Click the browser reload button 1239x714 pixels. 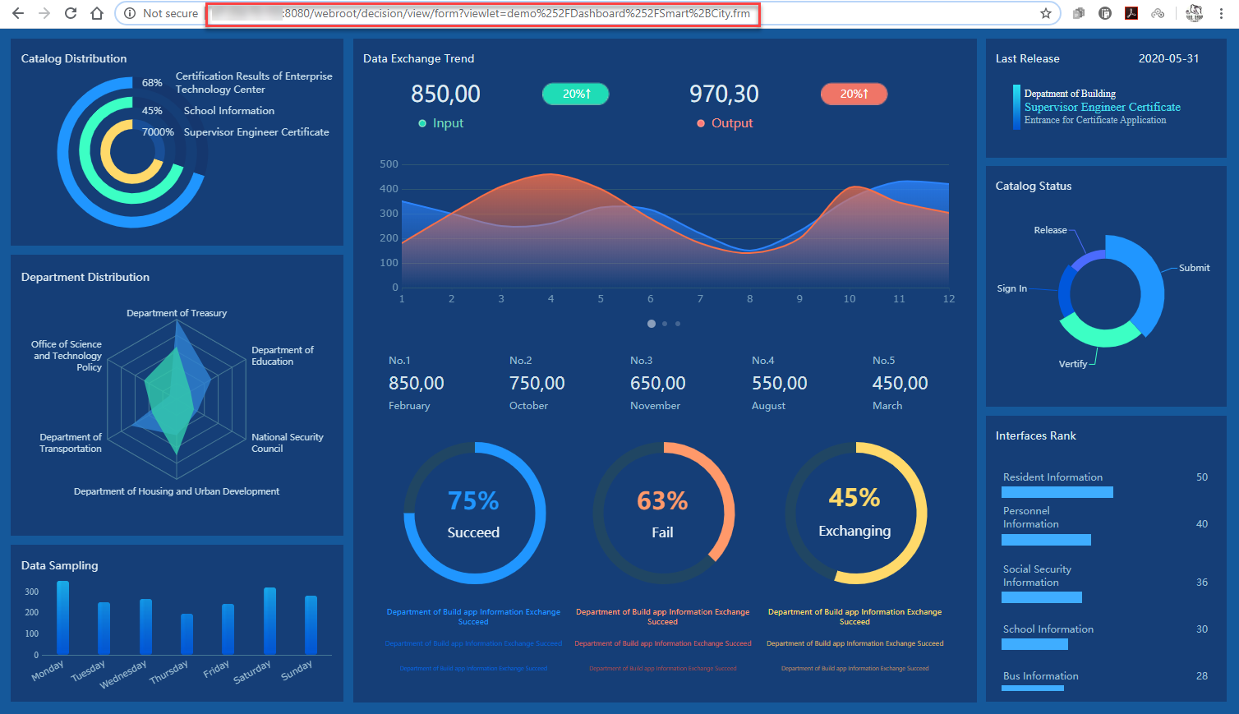point(71,13)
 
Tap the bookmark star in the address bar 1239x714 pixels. point(1045,13)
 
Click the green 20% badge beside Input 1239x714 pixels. point(575,94)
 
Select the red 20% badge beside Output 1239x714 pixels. point(854,94)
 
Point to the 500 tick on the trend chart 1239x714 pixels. point(389,164)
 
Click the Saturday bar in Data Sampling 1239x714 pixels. point(269,620)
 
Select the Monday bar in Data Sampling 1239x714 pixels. point(62,617)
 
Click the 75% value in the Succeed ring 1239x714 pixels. point(473,500)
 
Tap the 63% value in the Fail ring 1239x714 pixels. point(662,500)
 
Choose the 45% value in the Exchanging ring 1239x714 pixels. point(854,497)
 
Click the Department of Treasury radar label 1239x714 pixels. point(177,313)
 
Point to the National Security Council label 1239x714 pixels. point(287,443)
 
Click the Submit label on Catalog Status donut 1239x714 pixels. point(1194,268)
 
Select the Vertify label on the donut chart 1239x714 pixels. point(1072,364)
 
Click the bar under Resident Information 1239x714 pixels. point(1057,492)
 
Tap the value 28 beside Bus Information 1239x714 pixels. point(1201,676)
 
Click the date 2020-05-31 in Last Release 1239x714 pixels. point(1168,58)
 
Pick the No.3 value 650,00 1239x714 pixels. point(657,383)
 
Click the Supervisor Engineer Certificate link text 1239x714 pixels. point(1102,107)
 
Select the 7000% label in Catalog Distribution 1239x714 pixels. point(158,132)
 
